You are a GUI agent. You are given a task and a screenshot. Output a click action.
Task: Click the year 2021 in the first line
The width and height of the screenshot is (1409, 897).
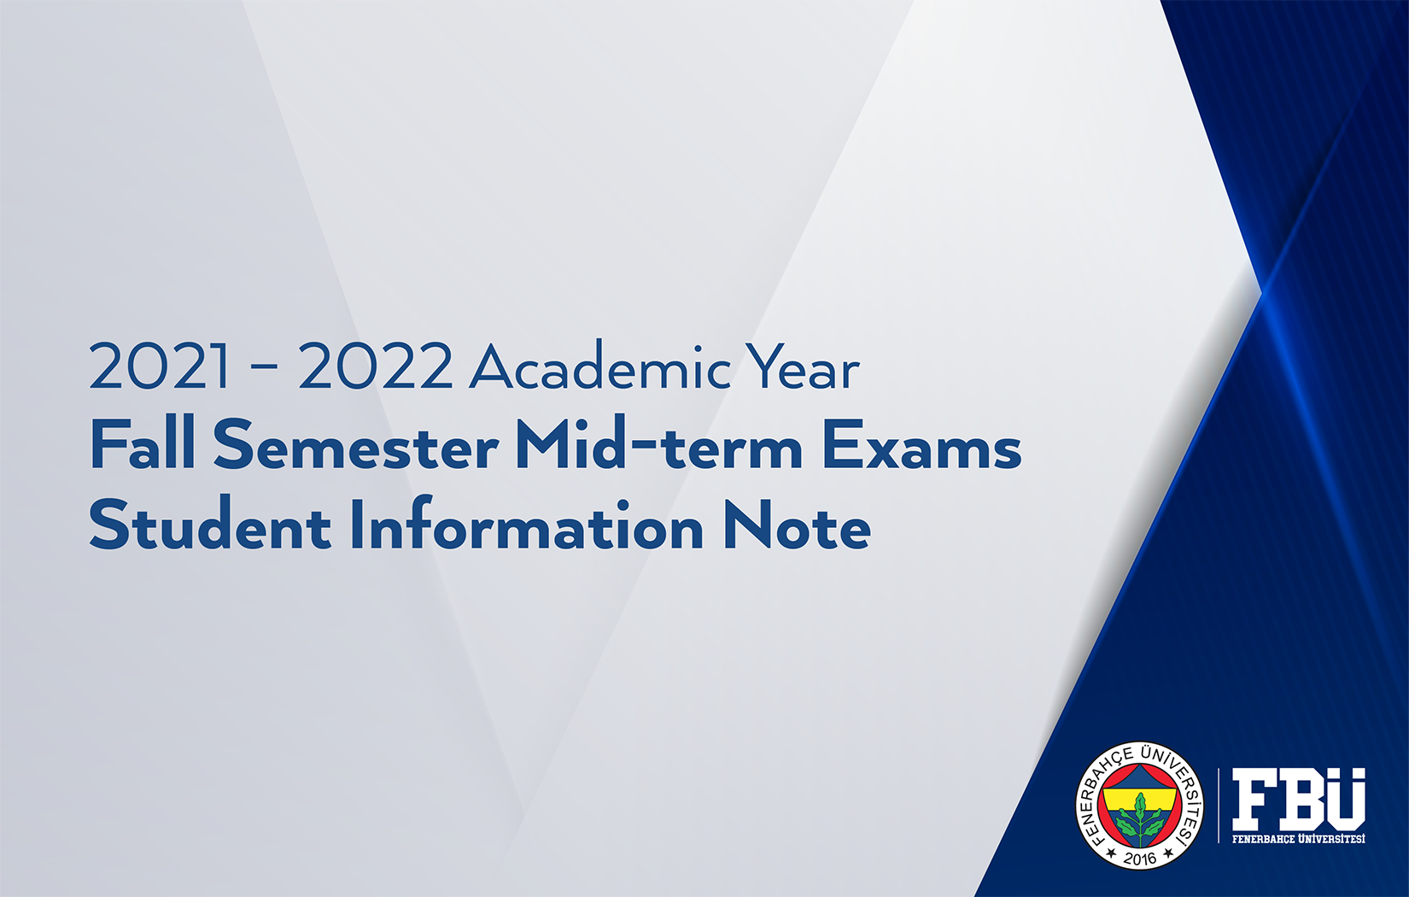click(x=159, y=366)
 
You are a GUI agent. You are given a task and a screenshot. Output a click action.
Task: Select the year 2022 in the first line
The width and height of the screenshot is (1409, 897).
click(x=375, y=366)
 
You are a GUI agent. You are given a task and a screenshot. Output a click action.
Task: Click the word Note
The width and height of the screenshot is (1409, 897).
click(x=797, y=525)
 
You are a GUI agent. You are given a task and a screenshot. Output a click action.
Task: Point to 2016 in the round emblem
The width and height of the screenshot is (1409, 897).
click(x=1140, y=858)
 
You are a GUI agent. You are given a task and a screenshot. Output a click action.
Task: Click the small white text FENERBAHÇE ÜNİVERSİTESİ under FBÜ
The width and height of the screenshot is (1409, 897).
click(x=1298, y=838)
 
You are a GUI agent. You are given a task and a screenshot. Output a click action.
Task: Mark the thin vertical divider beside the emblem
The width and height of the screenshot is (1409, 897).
click(x=1219, y=806)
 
